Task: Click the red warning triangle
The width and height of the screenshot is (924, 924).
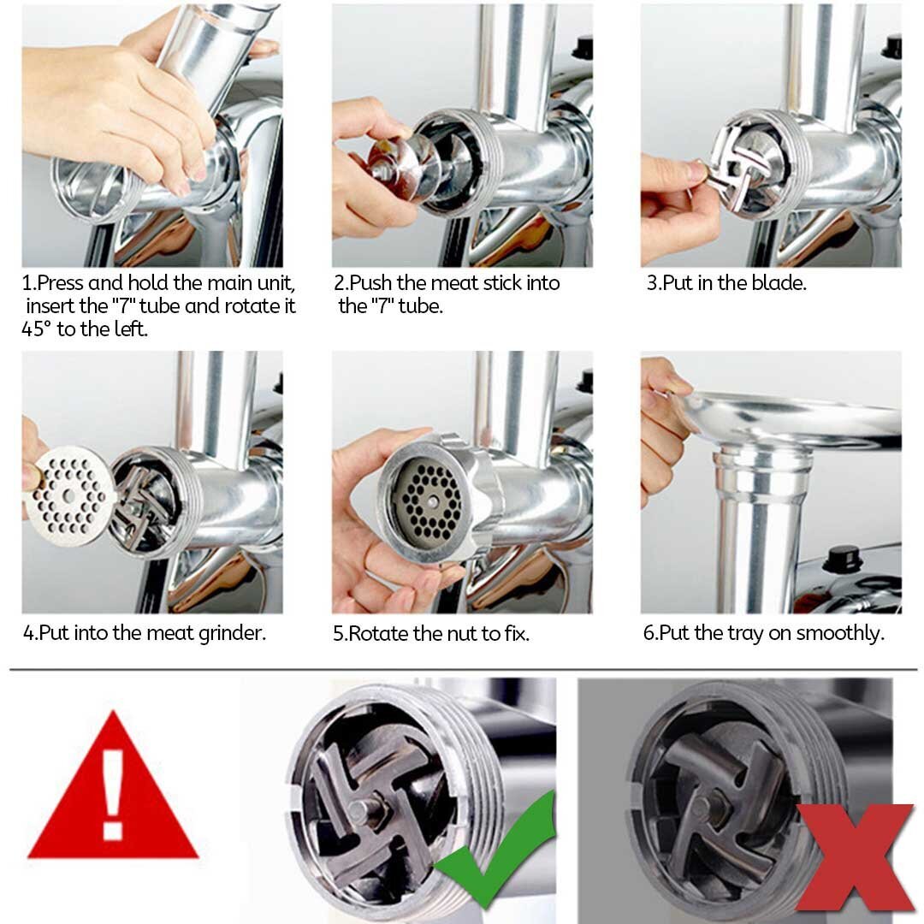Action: coord(113,790)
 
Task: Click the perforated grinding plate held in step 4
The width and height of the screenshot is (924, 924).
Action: coord(69,496)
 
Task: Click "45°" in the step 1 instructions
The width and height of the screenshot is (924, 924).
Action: coord(37,329)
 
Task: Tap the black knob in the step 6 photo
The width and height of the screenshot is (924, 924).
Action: coord(844,559)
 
